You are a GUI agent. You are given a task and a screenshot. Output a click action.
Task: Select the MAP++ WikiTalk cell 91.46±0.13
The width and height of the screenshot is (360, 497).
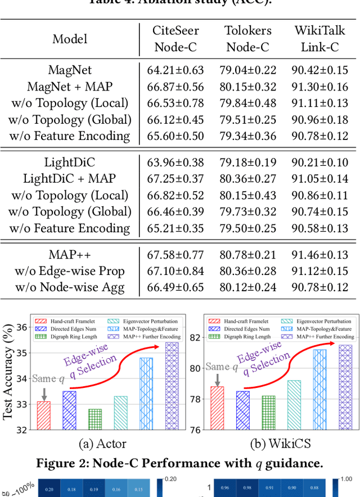(319, 255)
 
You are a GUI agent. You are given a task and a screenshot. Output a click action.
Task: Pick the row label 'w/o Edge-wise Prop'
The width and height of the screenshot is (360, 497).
(70, 271)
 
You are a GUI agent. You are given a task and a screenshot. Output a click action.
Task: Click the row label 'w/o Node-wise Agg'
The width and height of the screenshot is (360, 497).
(70, 287)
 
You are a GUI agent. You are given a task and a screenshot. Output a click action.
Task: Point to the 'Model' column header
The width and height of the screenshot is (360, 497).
(70, 39)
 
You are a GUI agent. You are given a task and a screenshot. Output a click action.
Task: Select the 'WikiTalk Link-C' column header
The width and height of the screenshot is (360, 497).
(319, 39)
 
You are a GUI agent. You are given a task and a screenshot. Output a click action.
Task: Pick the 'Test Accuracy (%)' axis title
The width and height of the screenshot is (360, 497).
(8, 374)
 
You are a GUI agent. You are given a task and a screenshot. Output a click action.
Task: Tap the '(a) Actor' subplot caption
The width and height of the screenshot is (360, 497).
(103, 444)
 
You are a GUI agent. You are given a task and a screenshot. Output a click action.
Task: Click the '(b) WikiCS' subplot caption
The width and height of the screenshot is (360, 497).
(272, 444)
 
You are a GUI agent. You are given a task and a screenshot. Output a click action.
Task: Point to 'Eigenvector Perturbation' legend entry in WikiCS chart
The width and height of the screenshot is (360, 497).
(321, 321)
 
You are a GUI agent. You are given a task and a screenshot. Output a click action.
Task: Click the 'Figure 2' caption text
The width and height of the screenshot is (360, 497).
(180, 463)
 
